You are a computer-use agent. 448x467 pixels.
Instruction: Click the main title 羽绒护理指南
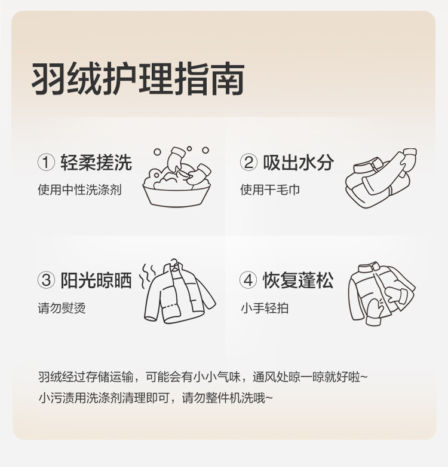(138, 79)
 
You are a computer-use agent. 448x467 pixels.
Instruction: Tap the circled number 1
(46, 162)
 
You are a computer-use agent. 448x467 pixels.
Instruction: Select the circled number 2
(248, 162)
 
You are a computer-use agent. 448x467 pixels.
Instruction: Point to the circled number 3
(46, 280)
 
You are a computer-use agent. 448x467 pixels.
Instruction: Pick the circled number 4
(248, 280)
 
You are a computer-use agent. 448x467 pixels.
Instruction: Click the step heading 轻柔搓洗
(96, 162)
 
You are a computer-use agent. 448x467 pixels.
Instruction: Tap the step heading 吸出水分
(299, 162)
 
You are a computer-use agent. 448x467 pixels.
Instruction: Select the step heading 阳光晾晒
(96, 280)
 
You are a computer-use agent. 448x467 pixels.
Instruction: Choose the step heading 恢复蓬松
(298, 280)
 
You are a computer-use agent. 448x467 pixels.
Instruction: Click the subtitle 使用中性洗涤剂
(79, 190)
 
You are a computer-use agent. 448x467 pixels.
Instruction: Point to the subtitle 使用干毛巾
(270, 190)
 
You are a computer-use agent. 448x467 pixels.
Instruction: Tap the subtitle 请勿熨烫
(62, 308)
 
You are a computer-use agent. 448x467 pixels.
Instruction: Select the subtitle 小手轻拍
(265, 308)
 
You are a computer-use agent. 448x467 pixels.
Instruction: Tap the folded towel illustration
(381, 178)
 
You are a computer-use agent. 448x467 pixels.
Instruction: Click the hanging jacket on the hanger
(180, 292)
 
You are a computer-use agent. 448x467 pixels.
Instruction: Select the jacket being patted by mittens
(382, 294)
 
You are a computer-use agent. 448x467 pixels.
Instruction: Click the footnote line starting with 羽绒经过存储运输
(203, 377)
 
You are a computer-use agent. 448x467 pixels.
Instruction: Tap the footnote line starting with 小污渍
(155, 398)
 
